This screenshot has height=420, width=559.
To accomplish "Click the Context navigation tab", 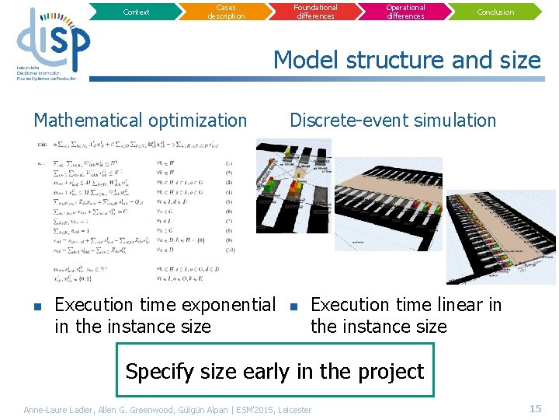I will (136, 12).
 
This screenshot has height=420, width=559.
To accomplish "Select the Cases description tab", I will (226, 12).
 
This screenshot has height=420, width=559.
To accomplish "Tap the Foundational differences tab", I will (315, 12).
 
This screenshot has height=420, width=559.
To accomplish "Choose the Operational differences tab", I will (405, 12).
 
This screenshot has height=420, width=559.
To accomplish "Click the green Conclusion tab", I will (495, 12).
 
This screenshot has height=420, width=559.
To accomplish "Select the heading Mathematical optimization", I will (140, 121).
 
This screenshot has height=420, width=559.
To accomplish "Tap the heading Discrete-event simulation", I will (392, 121).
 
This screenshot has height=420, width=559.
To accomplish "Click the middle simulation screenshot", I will (388, 204).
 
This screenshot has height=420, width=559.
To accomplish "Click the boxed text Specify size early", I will (274, 371).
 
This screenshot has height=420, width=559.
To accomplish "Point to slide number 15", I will (535, 408).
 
